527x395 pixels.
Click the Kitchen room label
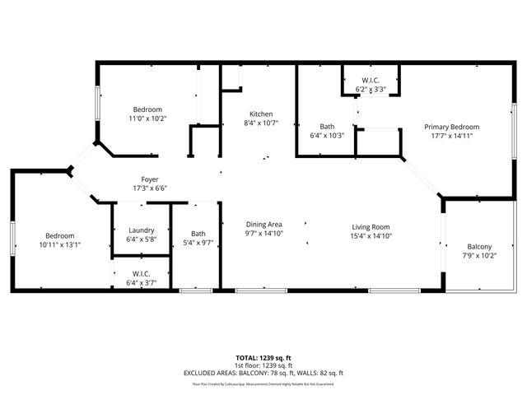click(x=261, y=114)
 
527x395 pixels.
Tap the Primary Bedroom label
click(x=451, y=127)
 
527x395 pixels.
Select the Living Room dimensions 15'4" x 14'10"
click(x=370, y=236)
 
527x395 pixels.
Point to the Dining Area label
click(x=264, y=225)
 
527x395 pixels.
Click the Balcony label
click(x=479, y=247)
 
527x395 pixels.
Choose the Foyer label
click(x=150, y=179)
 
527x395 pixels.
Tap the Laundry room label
click(x=142, y=230)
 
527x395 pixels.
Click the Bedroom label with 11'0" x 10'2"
click(x=148, y=109)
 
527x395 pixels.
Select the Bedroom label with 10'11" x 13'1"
click(x=60, y=235)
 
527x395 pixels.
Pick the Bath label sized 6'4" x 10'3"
click(x=326, y=126)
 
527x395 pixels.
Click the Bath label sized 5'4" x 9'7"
click(x=198, y=233)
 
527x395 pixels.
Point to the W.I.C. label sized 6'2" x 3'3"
click(x=371, y=80)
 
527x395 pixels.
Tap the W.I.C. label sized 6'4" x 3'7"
click(x=142, y=273)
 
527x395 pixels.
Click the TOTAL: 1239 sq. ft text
click(x=263, y=358)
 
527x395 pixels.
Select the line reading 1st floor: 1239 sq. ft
click(x=263, y=365)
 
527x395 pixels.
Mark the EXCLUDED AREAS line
click(x=263, y=373)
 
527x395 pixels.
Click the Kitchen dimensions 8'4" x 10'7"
click(x=261, y=123)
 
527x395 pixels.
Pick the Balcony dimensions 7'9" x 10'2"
click(x=479, y=256)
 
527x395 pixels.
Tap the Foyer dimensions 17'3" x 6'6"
click(x=150, y=188)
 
